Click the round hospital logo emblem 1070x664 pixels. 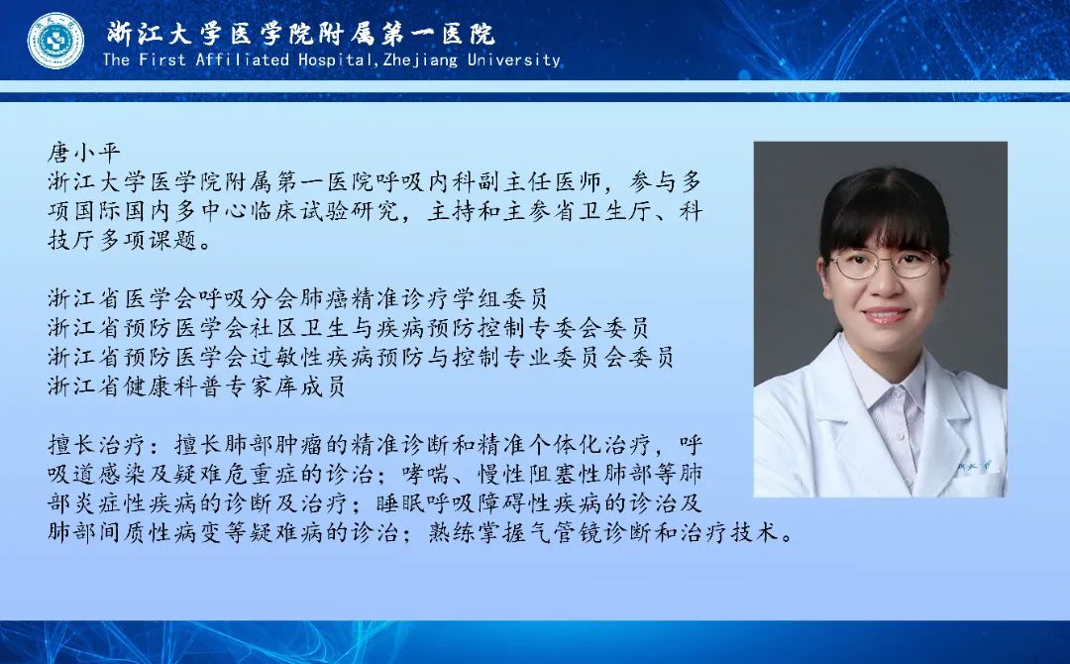pyautogui.click(x=55, y=41)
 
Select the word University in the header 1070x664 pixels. pyautogui.click(x=514, y=59)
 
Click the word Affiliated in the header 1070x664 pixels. pyautogui.click(x=243, y=59)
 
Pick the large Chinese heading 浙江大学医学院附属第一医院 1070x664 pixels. pyautogui.click(x=301, y=33)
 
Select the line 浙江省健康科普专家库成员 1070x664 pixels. pyautogui.click(x=196, y=387)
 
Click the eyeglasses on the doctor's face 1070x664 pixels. pyautogui.click(x=883, y=264)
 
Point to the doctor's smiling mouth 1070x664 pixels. pyautogui.click(x=886, y=315)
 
